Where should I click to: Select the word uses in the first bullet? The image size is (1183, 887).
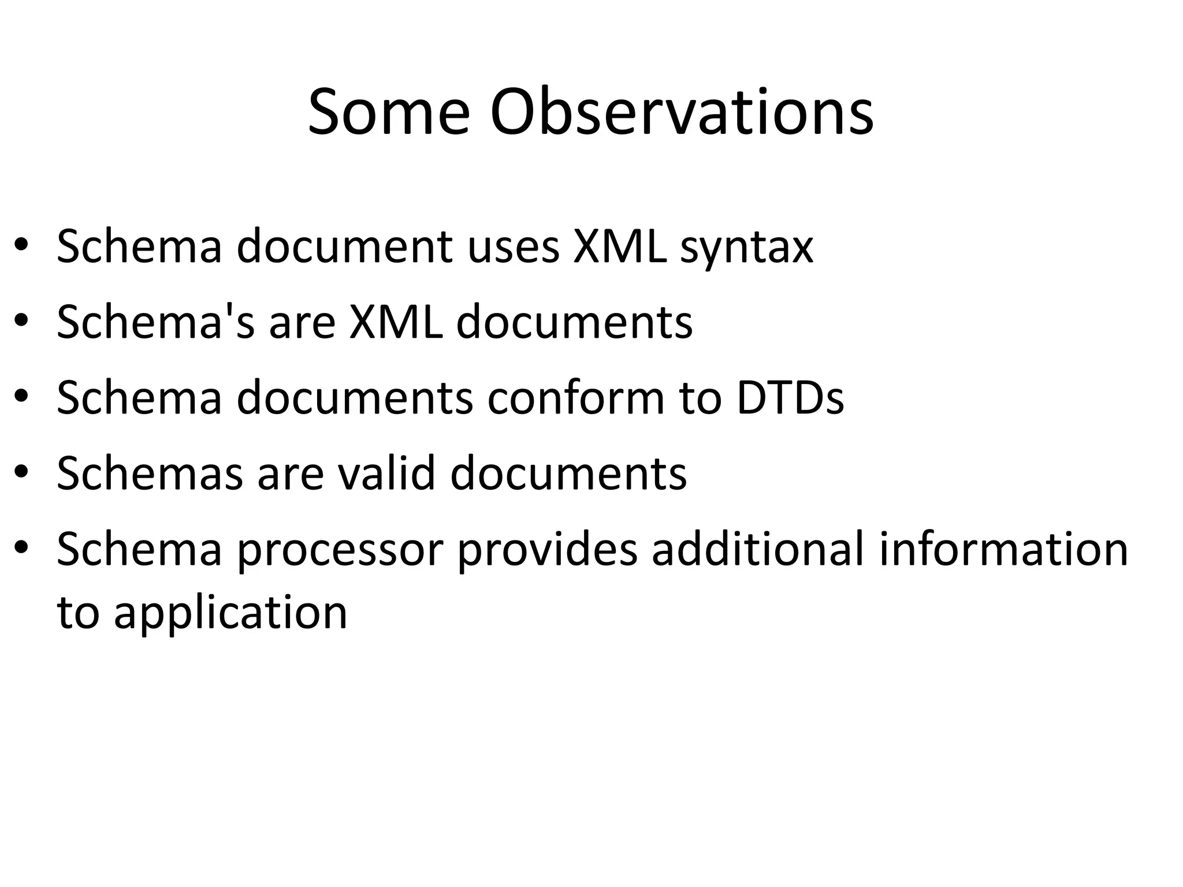pyautogui.click(x=514, y=247)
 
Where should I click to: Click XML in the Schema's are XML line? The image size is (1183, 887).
pyautogui.click(x=395, y=322)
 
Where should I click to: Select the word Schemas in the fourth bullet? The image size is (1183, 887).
pyautogui.click(x=150, y=473)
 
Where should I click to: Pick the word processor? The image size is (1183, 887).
pyautogui.click(x=340, y=550)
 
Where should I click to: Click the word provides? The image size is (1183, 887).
pyautogui.click(x=548, y=550)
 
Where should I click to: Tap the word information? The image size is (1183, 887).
pyautogui.click(x=1003, y=549)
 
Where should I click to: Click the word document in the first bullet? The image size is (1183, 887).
pyautogui.click(x=344, y=247)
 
